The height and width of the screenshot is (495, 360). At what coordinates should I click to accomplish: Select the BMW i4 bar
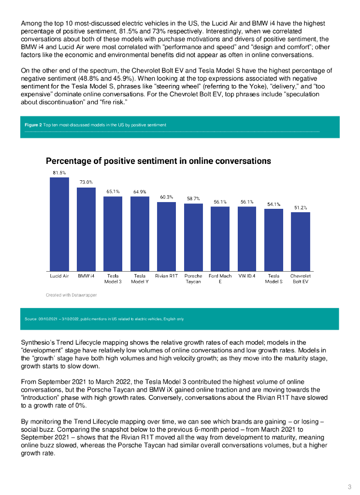[x=86, y=229]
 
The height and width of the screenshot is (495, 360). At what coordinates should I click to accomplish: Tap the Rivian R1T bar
[x=166, y=236]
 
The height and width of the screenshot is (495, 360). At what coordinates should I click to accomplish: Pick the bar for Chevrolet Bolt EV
[x=300, y=242]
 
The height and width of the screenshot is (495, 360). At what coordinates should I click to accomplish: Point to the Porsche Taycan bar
[x=193, y=237]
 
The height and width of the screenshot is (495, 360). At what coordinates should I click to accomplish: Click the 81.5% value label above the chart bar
[x=59, y=173]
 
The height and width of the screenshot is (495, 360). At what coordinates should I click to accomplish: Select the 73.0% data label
[x=86, y=182]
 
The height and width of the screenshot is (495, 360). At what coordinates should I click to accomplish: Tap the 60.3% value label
[x=166, y=197]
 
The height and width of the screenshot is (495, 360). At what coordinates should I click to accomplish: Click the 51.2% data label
[x=301, y=207]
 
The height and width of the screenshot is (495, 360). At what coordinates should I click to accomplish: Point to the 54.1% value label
[x=274, y=204]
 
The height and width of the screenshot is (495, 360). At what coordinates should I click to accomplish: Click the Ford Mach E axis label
[x=220, y=278]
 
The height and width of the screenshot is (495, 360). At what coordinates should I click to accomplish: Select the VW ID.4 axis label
[x=247, y=276]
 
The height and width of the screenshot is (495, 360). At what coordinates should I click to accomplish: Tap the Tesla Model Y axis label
[x=140, y=278]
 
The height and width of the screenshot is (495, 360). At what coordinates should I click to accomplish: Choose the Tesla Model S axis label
[x=274, y=278]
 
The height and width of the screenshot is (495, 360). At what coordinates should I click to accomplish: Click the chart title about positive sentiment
[x=158, y=160]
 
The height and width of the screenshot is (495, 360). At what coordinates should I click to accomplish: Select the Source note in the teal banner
[x=104, y=319]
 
